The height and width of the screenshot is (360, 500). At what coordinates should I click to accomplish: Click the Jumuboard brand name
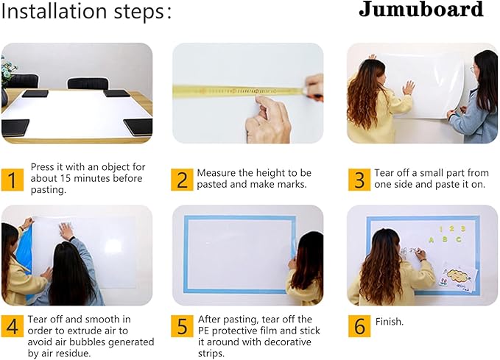[x=421, y=10]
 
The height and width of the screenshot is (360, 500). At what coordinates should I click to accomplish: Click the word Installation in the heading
[x=54, y=12]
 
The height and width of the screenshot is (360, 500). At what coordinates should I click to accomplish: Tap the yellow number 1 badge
[x=12, y=180]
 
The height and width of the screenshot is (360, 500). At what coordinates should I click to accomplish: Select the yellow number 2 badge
[x=182, y=180]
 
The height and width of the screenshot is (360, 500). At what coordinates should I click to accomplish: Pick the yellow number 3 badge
[x=359, y=180]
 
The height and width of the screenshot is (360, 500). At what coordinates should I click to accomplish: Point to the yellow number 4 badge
[x=12, y=326]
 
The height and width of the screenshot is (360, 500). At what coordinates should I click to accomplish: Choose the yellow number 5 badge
[x=182, y=326]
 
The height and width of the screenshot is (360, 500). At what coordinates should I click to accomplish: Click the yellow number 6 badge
[x=359, y=326]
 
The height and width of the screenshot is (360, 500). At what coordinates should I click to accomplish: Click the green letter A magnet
[x=432, y=240]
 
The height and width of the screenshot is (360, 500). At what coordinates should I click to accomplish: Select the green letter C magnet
[x=459, y=239]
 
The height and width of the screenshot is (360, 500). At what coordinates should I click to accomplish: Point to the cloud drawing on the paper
[x=459, y=274]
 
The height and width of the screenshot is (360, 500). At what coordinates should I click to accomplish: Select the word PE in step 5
[x=203, y=331]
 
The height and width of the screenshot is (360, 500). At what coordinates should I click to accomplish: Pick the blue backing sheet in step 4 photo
[x=24, y=252]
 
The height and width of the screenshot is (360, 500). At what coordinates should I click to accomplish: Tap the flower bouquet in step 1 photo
[x=7, y=71]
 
